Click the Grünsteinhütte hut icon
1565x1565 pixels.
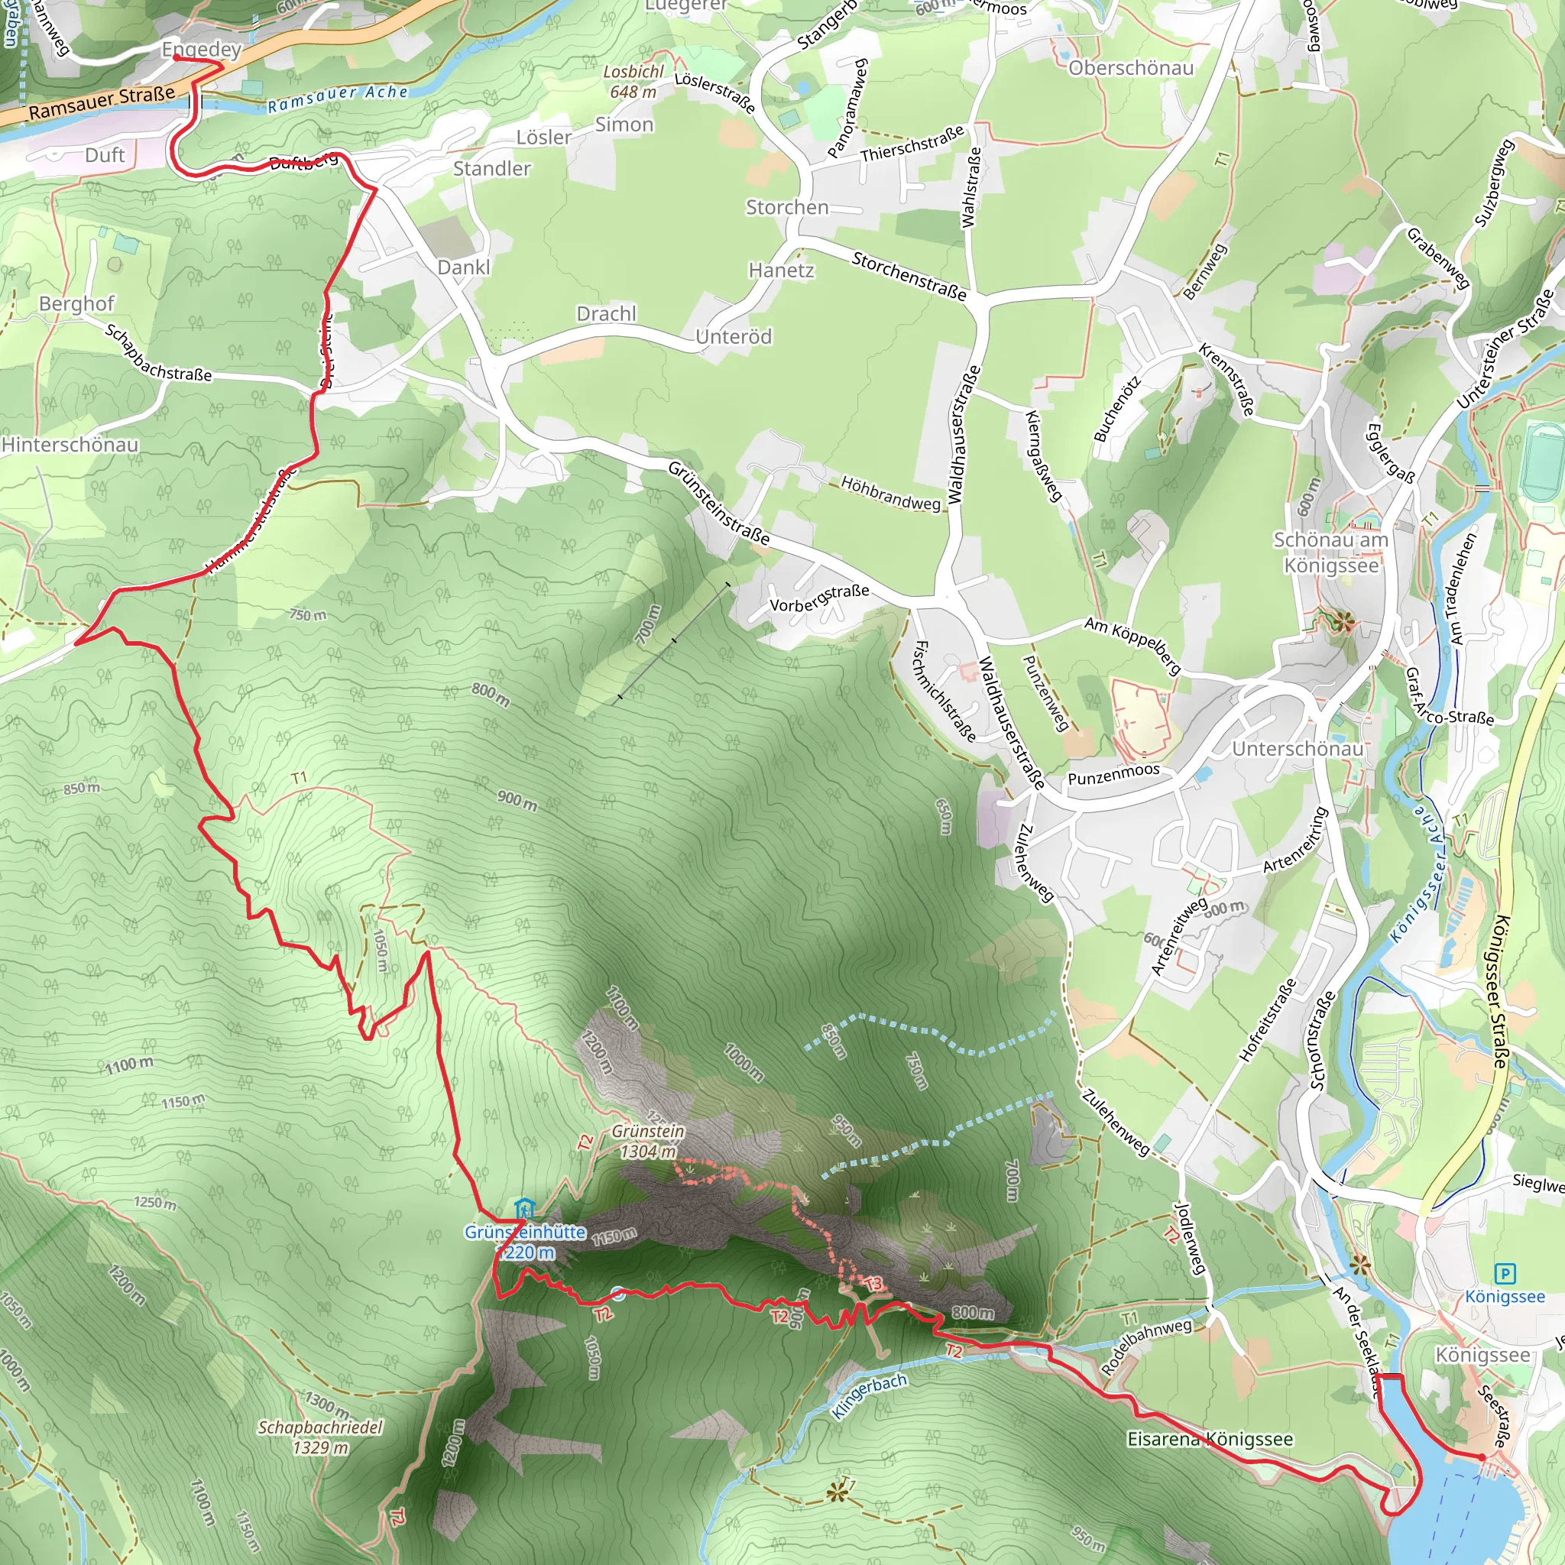(x=524, y=1209)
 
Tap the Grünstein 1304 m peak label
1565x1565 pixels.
(x=647, y=1141)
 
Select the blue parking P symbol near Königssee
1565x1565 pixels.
(x=1504, y=1274)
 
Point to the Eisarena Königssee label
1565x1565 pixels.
(x=1210, y=1439)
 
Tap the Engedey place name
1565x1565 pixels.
(x=202, y=50)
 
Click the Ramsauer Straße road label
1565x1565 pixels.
(x=102, y=103)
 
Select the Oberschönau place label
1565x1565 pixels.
(x=1131, y=68)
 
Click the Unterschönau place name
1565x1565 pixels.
(x=1298, y=748)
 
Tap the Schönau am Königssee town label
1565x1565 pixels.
(x=1331, y=552)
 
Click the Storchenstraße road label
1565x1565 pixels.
(x=909, y=276)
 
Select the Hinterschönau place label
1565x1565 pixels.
(x=70, y=445)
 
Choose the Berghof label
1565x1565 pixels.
(x=77, y=304)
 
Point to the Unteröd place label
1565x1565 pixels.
(x=734, y=336)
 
